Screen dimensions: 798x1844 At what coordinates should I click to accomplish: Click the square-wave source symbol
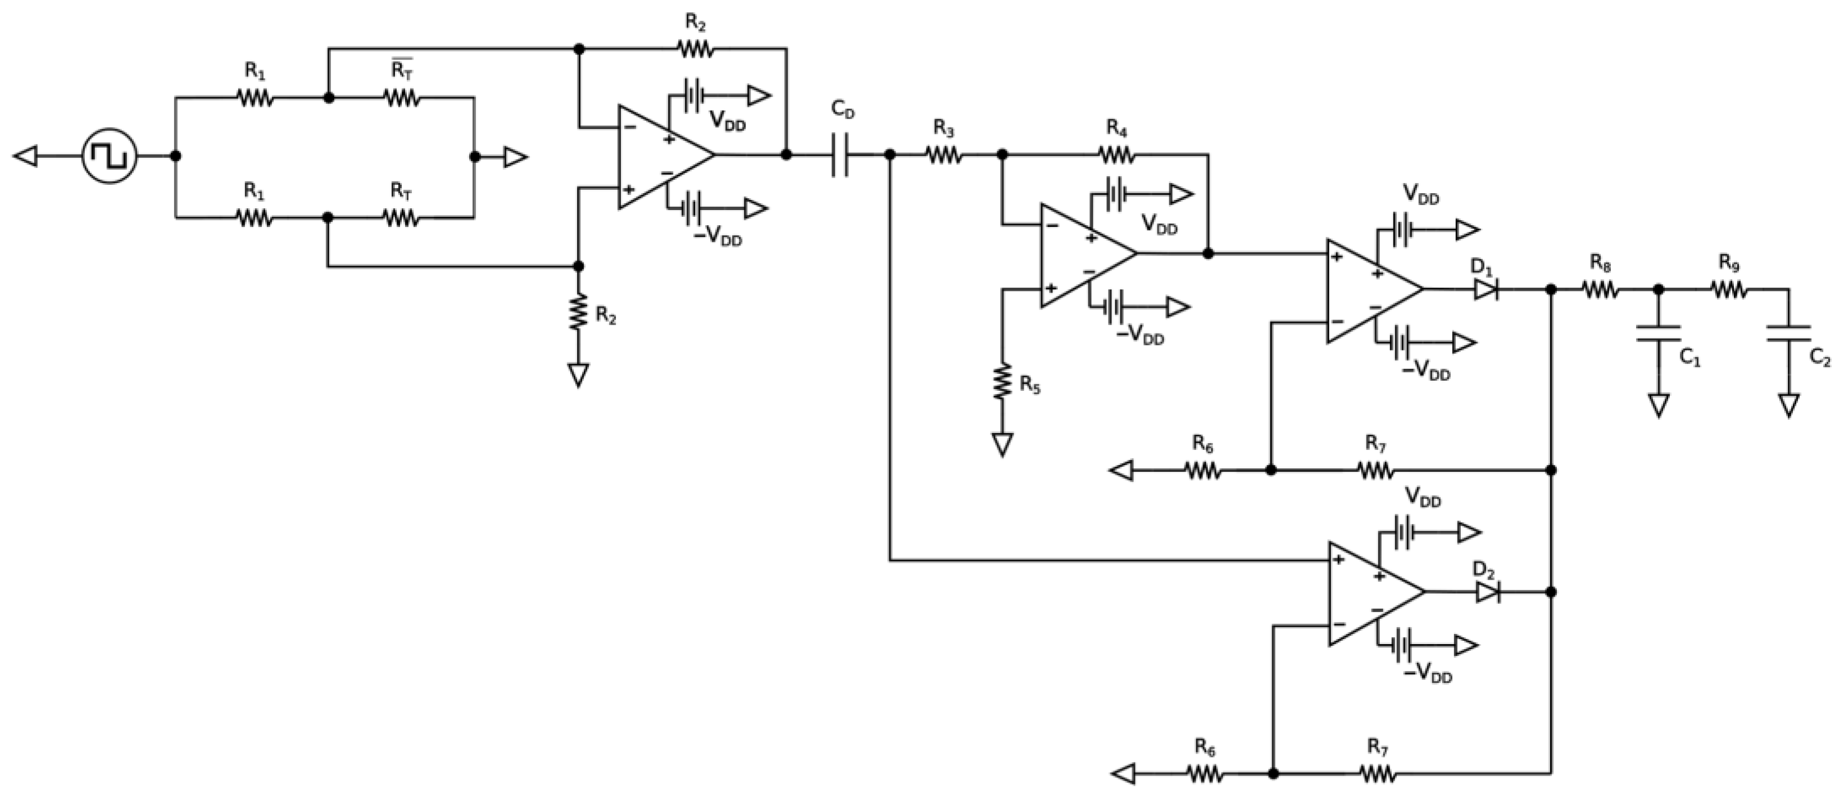pos(109,156)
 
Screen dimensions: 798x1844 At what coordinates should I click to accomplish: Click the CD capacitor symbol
pos(841,154)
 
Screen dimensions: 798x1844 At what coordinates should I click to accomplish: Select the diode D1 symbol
pos(1486,289)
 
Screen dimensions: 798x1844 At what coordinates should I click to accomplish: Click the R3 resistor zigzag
pos(945,154)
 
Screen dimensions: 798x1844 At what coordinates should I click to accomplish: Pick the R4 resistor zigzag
pos(1117,154)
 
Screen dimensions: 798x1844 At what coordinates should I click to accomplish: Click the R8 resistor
pos(1601,289)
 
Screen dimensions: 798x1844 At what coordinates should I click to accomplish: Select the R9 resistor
pos(1729,289)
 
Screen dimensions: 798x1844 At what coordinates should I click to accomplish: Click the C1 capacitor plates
pos(1659,333)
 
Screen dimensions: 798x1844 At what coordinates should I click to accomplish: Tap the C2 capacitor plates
pos(1788,333)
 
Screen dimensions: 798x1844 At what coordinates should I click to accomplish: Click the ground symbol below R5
pos(1002,444)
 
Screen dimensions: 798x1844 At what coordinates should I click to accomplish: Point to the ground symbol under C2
pos(1788,405)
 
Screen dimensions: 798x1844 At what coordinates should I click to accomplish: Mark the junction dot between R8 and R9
pos(1659,289)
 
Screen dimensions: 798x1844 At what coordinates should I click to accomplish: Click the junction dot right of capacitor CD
pos(890,154)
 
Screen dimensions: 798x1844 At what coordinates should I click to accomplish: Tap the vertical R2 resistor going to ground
pos(578,313)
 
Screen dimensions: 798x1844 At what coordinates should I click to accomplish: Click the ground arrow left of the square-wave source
pos(26,156)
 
